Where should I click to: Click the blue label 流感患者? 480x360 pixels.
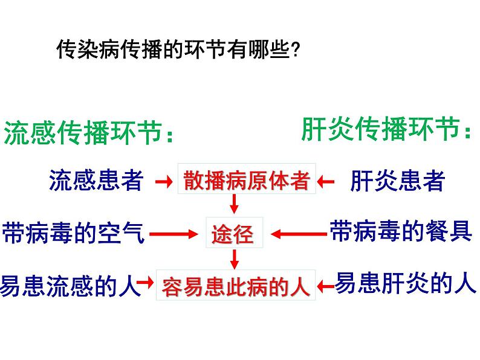pyautogui.click(x=96, y=180)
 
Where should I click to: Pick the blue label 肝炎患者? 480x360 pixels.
pyautogui.click(x=397, y=181)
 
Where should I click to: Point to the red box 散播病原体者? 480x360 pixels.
pyautogui.click(x=247, y=180)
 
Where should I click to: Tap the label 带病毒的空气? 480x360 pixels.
pyautogui.click(x=73, y=233)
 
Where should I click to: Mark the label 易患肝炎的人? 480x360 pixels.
pyautogui.click(x=406, y=283)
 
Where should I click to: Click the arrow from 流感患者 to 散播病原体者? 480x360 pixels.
pyautogui.click(x=163, y=181)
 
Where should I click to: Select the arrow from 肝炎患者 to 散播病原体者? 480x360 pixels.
pyautogui.click(x=327, y=181)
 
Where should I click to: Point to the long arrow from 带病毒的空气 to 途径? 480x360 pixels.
pyautogui.click(x=175, y=233)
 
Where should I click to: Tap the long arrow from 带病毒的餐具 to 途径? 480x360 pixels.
pyautogui.click(x=299, y=233)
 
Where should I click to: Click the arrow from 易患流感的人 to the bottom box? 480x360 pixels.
pyautogui.click(x=146, y=283)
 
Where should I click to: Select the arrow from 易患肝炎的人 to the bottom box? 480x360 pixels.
pyautogui.click(x=326, y=284)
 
